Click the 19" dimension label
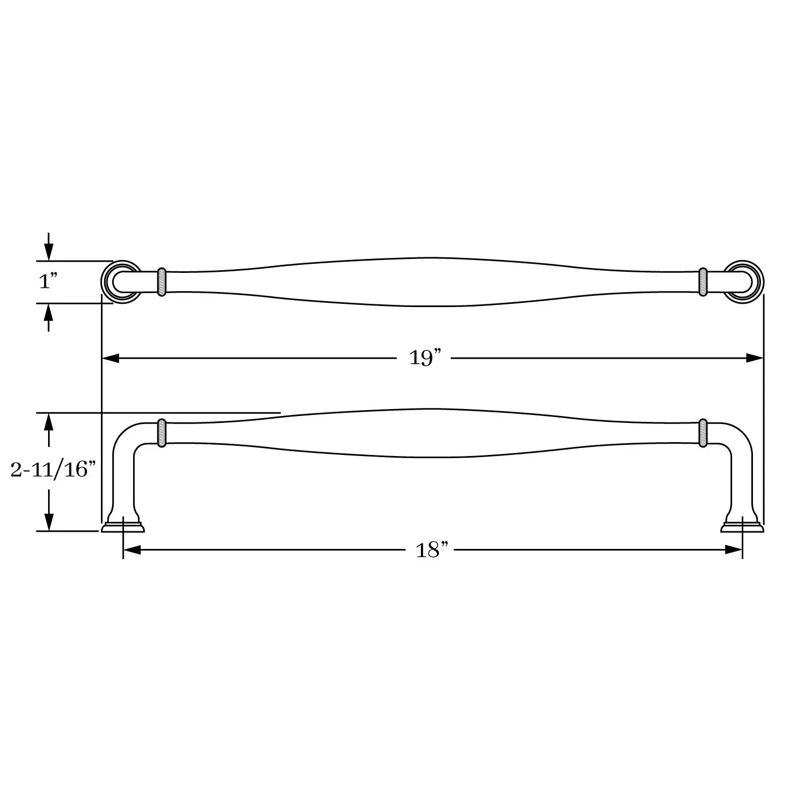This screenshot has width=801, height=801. pos(425,358)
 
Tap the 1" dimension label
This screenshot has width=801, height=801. pos(48,281)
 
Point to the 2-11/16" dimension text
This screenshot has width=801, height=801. pos(53,470)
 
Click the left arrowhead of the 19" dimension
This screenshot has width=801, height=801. pos(110,358)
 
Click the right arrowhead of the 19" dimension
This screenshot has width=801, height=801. pos(755,358)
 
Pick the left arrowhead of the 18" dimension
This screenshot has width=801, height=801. pos(132,550)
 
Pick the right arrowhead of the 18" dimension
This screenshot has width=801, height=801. pos(734,550)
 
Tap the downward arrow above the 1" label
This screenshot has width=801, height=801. pos(49,247)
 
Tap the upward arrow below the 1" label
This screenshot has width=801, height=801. pos(49,318)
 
